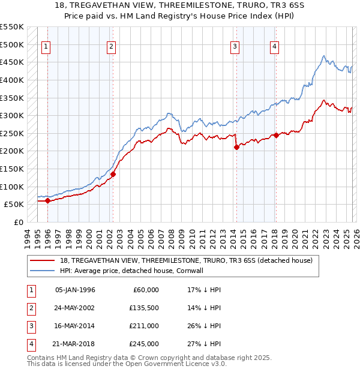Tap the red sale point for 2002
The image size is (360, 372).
click(x=113, y=174)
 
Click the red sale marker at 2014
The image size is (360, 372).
click(x=236, y=147)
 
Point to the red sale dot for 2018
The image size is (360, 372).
click(x=275, y=135)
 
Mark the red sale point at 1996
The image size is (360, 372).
click(x=47, y=201)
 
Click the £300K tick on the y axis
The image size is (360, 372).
click(x=12, y=115)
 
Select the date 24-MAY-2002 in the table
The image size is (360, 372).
click(x=75, y=308)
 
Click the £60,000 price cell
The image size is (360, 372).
click(x=146, y=290)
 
